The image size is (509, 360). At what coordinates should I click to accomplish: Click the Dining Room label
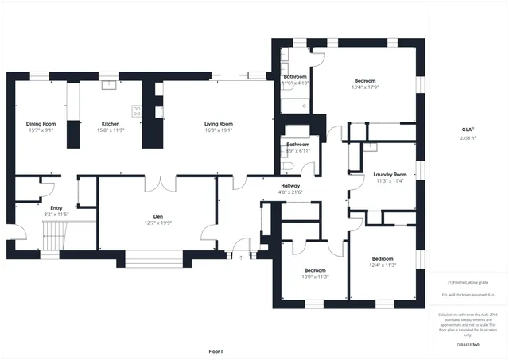(x=41, y=123)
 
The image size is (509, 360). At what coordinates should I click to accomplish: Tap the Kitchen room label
(x=111, y=123)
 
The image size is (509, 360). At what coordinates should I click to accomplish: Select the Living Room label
(x=218, y=123)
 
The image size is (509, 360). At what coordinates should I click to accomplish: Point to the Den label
(x=157, y=216)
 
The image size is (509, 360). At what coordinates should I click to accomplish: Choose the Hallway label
(x=289, y=185)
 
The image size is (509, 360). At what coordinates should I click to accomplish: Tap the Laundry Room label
(x=390, y=174)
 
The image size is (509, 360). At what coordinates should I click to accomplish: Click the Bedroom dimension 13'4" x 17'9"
(x=365, y=87)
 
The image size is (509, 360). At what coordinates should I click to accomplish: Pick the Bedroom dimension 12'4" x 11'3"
(x=382, y=265)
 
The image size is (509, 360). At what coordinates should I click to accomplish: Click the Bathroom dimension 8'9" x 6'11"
(x=297, y=150)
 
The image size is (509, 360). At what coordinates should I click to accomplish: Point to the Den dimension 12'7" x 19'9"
(x=157, y=223)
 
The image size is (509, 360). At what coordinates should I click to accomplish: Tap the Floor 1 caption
(x=216, y=351)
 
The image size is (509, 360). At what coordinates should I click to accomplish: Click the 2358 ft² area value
(x=467, y=137)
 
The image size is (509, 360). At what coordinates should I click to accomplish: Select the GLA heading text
(x=468, y=129)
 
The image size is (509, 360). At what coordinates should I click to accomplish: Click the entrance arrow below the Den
(x=241, y=257)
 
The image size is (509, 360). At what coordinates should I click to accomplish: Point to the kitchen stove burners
(x=136, y=111)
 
